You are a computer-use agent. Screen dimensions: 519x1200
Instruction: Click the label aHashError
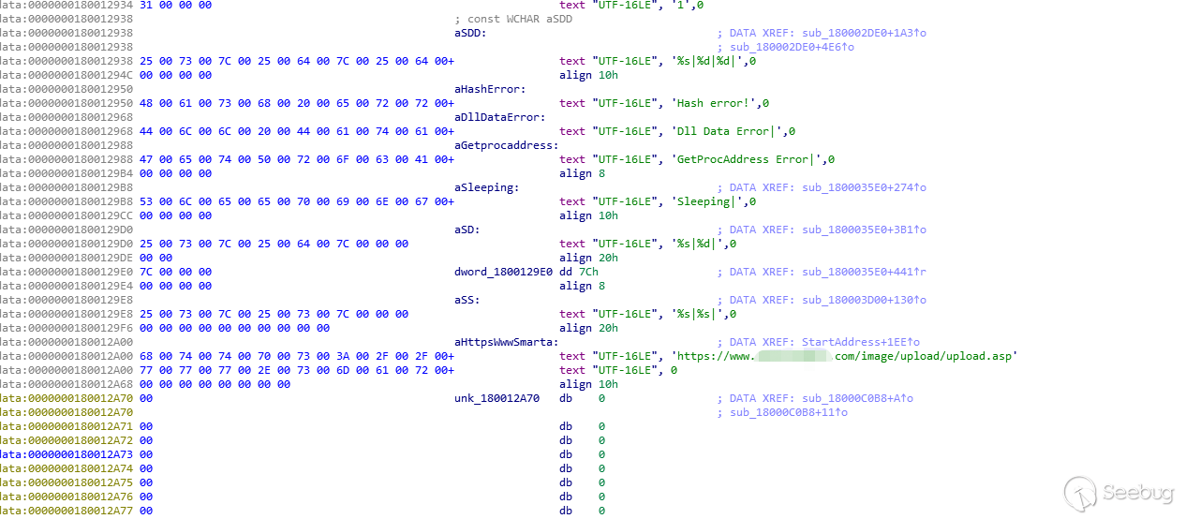click(490, 89)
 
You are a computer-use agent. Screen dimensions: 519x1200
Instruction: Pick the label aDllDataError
click(499, 117)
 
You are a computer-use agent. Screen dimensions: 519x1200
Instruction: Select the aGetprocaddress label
click(507, 145)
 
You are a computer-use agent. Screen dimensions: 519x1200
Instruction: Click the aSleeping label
click(486, 187)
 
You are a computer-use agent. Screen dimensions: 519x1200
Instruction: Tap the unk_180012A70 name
click(496, 398)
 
